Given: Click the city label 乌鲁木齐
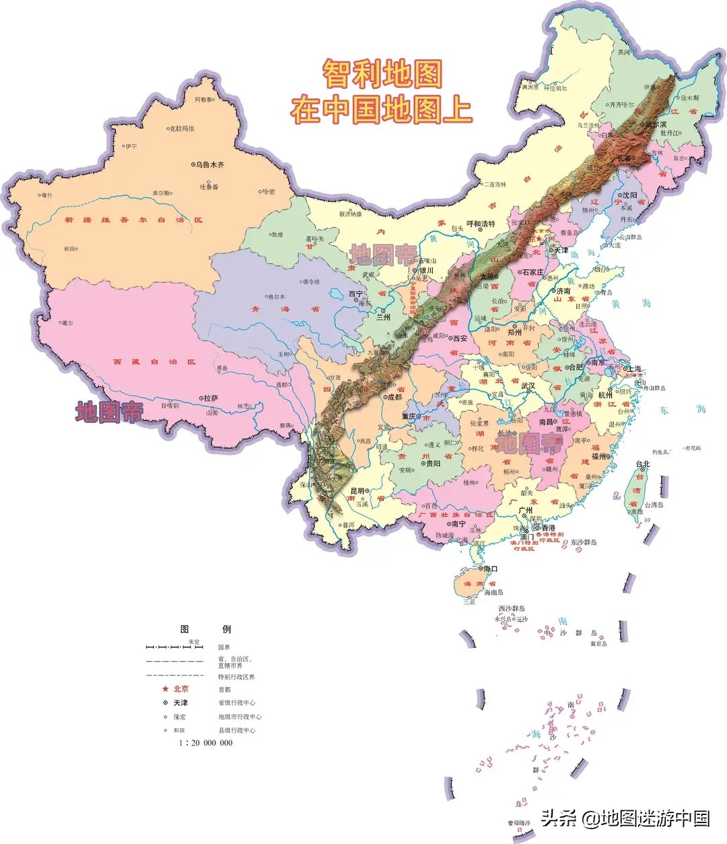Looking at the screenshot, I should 210,164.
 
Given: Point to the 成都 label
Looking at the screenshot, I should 393,397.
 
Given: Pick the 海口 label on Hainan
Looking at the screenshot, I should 490,569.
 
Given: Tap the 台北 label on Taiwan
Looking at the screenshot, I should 643,464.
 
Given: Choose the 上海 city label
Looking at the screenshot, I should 633,369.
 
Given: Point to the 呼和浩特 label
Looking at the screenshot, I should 481,224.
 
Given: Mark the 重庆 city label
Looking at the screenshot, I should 410,416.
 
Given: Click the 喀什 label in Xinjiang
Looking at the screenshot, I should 46,195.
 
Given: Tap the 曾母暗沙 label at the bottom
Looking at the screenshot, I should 519,823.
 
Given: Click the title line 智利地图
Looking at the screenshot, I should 382,73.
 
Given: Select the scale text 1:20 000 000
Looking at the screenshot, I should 205,743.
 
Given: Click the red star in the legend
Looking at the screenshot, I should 165,689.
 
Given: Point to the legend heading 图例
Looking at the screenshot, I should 205,629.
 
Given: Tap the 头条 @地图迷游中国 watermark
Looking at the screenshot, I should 625,818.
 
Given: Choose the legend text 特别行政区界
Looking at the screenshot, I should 236,676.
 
